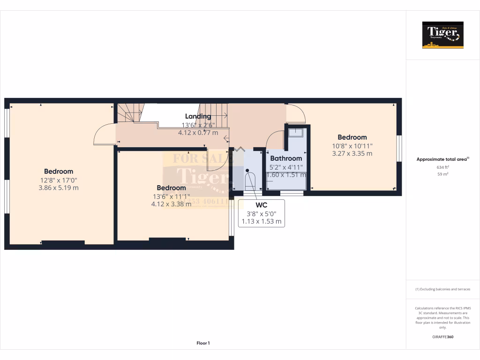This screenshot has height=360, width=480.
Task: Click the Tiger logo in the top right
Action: [442, 35]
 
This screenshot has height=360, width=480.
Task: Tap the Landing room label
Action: [198, 116]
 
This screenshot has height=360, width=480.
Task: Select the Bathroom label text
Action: [285, 158]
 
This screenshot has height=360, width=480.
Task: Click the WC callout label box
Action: [262, 213]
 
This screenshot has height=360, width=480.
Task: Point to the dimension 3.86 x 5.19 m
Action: [59, 187]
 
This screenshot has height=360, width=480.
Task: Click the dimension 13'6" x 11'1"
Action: [171, 196]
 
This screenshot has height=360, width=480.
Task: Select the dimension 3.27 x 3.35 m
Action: [352, 153]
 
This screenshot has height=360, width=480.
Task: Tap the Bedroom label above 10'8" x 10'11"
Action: [352, 137]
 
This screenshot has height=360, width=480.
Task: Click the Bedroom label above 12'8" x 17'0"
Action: [59, 172]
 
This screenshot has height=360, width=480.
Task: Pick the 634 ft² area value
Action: [442, 167]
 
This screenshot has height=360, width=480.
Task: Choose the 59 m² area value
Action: [442, 174]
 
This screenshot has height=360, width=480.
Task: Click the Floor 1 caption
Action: [203, 344]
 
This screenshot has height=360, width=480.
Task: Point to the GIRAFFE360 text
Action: [442, 337]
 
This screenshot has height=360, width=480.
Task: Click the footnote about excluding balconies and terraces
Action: [442, 289]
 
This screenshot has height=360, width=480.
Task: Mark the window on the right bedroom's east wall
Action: [399, 149]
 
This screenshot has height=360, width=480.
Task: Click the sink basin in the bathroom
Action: [295, 133]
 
